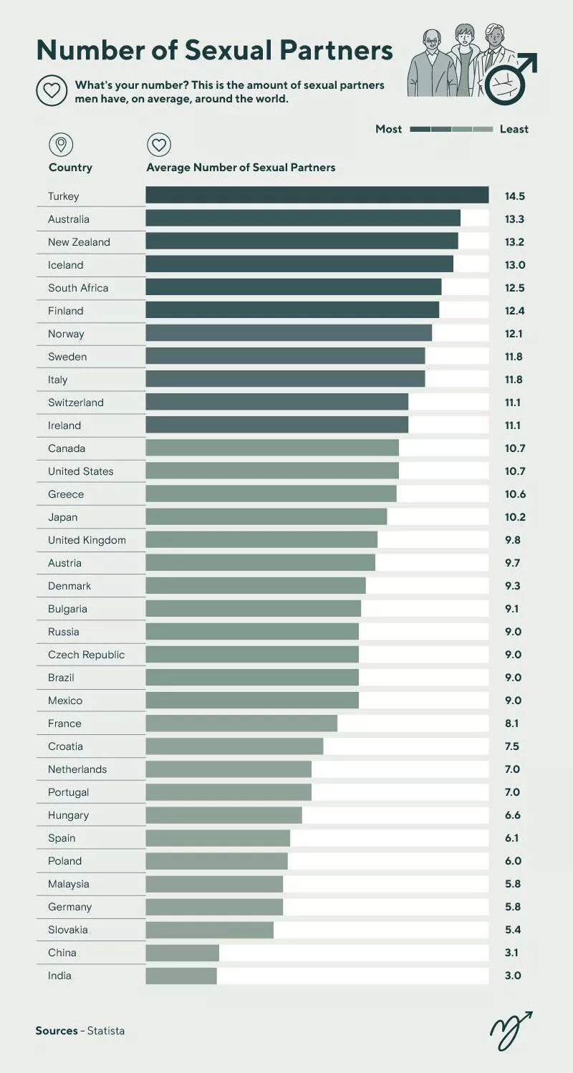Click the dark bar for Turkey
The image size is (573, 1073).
(x=317, y=196)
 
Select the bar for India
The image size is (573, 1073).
(x=181, y=976)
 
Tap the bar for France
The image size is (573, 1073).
(x=241, y=723)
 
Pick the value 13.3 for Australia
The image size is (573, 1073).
(x=514, y=219)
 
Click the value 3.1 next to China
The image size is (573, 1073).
(x=512, y=953)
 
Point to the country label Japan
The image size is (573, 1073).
(x=63, y=517)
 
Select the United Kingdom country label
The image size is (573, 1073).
(x=87, y=540)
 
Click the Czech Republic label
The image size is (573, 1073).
(x=86, y=655)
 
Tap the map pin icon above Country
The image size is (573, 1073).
(x=61, y=145)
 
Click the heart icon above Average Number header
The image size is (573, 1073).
(x=159, y=145)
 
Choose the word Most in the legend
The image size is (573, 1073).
(x=389, y=129)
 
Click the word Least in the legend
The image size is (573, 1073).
(x=514, y=129)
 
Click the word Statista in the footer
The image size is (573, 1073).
(x=106, y=1031)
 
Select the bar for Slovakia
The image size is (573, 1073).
(x=209, y=930)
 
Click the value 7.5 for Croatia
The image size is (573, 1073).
(x=512, y=746)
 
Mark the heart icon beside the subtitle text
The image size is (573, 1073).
(x=52, y=91)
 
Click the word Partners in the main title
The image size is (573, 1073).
(x=336, y=50)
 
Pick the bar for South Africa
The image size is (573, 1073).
(x=294, y=288)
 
